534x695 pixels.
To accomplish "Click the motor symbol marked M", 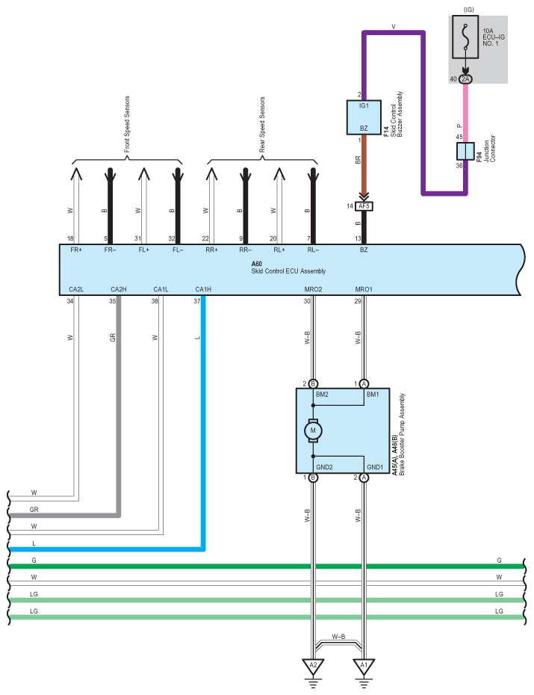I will (x=314, y=430).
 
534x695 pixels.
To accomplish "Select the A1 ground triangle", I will (x=364, y=665).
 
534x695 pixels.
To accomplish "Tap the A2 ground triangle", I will (x=313, y=665).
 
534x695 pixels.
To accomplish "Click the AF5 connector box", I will (x=364, y=206).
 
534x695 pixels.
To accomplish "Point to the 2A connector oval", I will (x=465, y=78).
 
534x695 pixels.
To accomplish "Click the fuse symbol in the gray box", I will (x=465, y=37).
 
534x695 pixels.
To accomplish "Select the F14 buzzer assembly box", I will (x=364, y=117).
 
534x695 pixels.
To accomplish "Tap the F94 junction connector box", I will (x=465, y=152).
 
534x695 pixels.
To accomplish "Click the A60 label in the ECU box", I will (x=257, y=264).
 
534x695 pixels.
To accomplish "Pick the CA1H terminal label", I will (x=203, y=289).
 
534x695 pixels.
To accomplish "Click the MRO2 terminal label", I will (x=313, y=289).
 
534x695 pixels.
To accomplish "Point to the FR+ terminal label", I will (x=76, y=250).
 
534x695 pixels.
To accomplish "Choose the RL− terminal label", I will (x=313, y=250).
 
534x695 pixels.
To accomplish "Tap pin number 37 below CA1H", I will (x=197, y=301).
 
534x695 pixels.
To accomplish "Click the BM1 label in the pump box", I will (x=373, y=393).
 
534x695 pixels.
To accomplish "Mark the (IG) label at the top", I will (x=469, y=10).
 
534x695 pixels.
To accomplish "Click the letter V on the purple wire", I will (x=393, y=27).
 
